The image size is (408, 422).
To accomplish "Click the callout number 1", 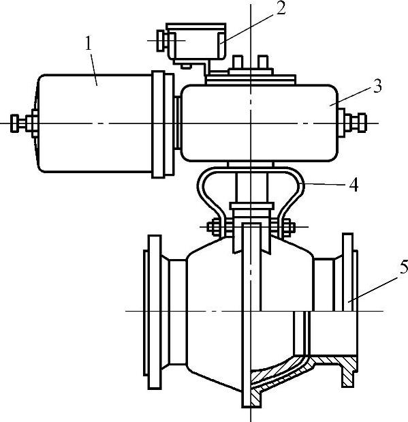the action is [89, 44].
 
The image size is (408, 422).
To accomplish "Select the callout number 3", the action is [377, 86].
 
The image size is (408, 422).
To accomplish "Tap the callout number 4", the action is [354, 185].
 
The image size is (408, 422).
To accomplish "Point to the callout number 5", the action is [403, 267].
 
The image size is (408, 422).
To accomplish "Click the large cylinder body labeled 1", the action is [94, 123].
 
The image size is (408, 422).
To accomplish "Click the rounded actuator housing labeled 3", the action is [260, 123].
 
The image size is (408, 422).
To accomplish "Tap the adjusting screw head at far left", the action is [14, 123].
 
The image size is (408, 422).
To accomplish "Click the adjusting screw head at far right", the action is [362, 123].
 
